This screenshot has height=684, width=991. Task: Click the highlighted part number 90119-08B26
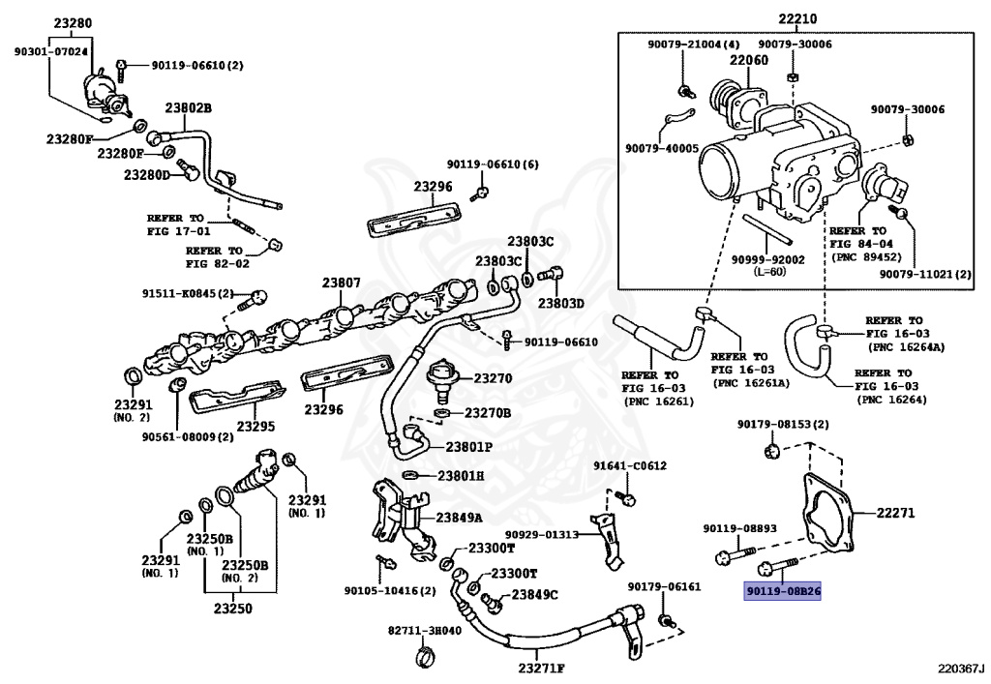coord(782,589)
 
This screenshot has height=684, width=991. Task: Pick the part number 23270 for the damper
coord(493,378)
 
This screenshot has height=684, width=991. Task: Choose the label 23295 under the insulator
coord(257,425)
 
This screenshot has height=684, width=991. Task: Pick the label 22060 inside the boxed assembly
coord(749,61)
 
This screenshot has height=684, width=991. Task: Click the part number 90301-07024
coord(50,51)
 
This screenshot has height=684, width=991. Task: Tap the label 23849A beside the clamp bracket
coord(460,518)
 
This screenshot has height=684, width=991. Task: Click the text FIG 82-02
coord(218,263)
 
